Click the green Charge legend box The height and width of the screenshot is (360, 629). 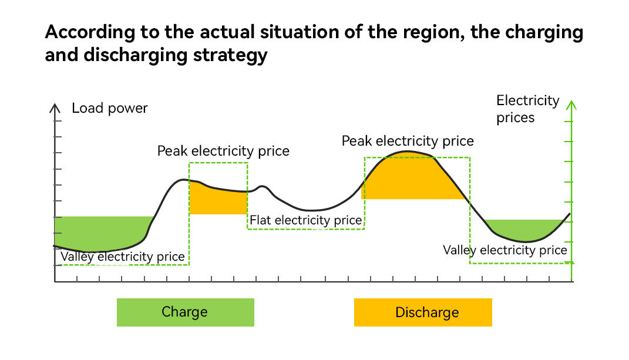click(185, 312)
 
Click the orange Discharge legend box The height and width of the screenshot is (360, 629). click(422, 312)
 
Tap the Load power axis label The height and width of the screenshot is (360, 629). click(110, 108)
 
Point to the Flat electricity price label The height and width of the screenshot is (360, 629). click(306, 220)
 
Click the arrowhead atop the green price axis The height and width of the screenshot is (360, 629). click(571, 105)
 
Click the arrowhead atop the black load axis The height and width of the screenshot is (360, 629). click(55, 107)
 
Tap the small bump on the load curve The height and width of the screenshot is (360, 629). click(264, 187)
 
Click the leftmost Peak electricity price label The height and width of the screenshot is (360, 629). click(223, 151)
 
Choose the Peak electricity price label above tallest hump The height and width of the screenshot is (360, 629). click(408, 141)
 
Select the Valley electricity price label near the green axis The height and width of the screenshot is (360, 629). click(505, 250)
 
